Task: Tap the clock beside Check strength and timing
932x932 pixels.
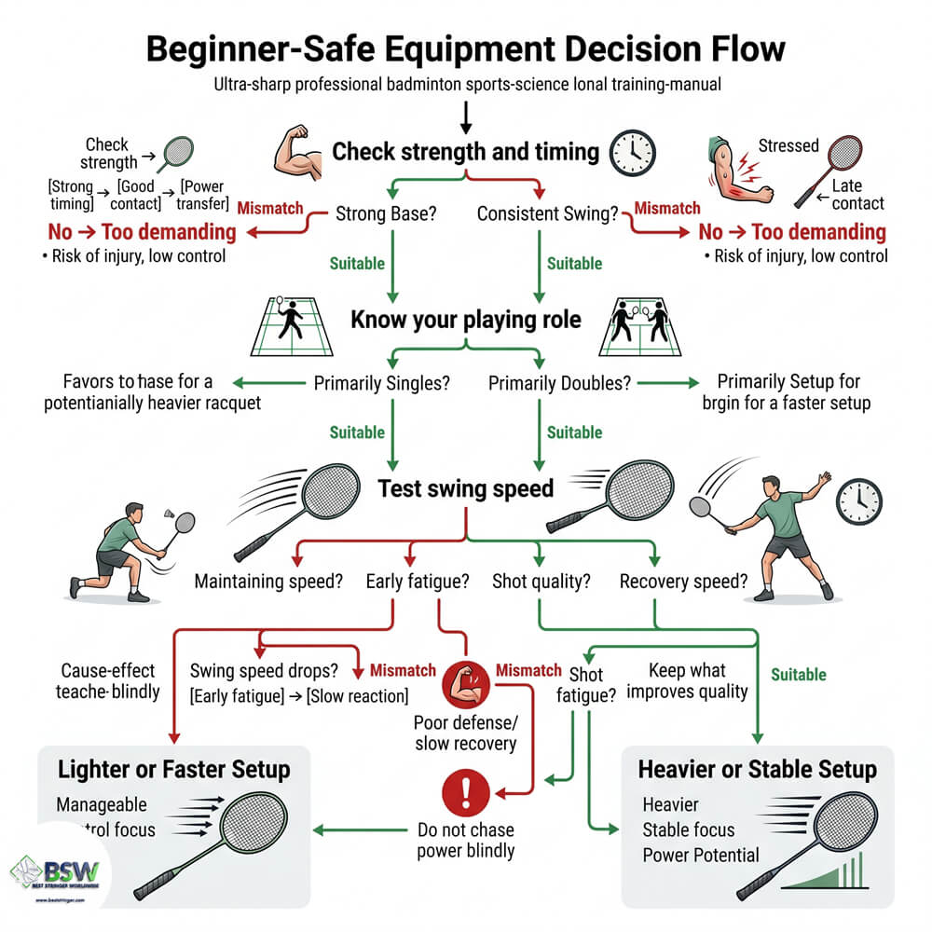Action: (631, 152)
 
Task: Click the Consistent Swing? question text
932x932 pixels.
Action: (548, 213)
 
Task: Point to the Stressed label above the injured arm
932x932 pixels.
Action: (788, 145)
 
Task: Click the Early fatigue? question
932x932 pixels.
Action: (416, 582)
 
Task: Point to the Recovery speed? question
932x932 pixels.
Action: (684, 582)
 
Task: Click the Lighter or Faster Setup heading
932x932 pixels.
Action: (174, 769)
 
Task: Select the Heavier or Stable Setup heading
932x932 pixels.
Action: (757, 769)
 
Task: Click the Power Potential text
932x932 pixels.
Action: (701, 855)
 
